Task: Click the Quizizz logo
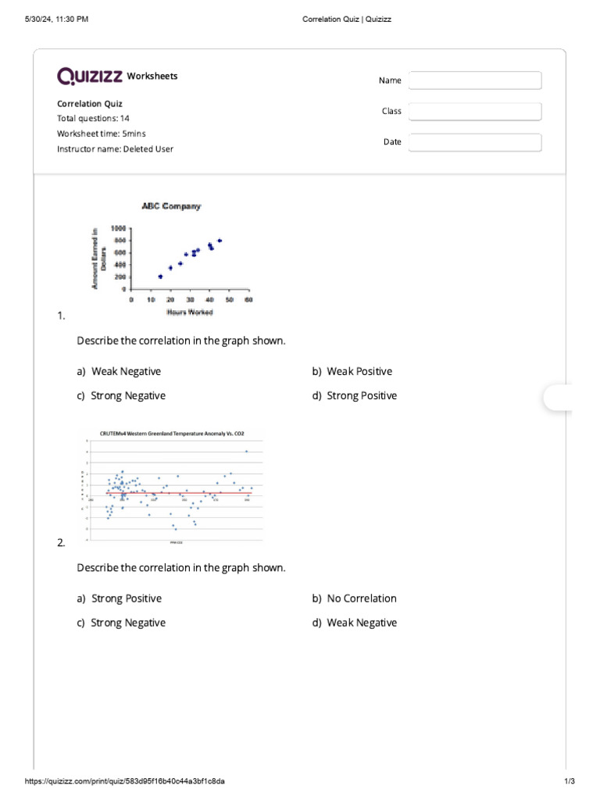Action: (x=89, y=76)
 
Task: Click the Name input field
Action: (x=475, y=80)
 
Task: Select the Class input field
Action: (x=475, y=112)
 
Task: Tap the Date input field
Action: (x=475, y=142)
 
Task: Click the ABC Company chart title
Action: (x=171, y=206)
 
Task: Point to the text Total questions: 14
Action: (x=93, y=119)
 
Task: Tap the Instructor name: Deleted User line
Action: (x=115, y=148)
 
